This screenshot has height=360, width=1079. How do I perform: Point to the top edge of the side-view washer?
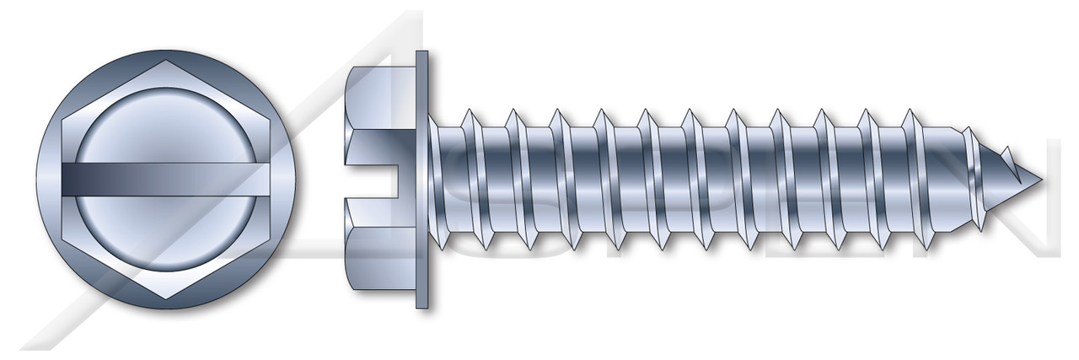[421, 52]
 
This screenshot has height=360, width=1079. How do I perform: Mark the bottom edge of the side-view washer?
[421, 309]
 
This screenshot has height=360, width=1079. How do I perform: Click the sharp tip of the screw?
[1043, 180]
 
